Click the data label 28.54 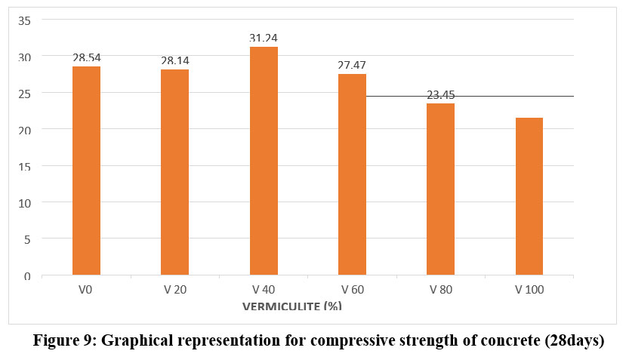point(86,57)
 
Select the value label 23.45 point(440,94)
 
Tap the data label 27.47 point(352,65)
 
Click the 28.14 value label point(174,60)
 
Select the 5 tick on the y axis point(28,239)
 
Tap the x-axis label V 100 point(529,289)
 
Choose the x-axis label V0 point(86,289)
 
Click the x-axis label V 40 point(264,289)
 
